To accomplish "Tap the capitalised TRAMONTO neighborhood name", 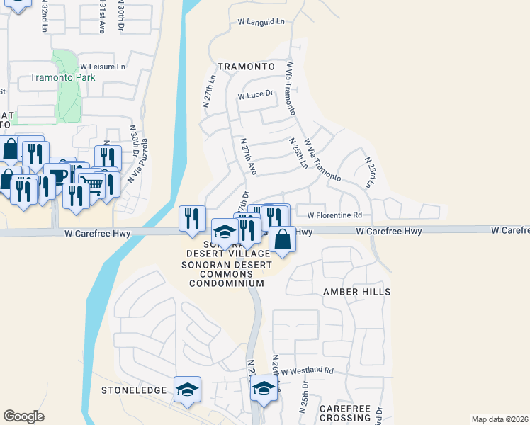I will click(x=246, y=66).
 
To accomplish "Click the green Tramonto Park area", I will click(x=68, y=99).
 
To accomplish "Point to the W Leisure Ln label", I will click(x=102, y=67).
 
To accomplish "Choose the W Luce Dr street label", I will click(x=256, y=95).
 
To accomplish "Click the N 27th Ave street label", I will click(x=247, y=157).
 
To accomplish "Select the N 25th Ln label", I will click(x=298, y=153).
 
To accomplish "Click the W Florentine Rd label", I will click(x=334, y=215).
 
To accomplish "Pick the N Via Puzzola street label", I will click(x=137, y=161).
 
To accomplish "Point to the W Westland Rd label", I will click(x=307, y=370).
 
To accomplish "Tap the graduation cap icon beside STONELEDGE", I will click(x=188, y=390).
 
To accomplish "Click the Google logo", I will click(x=24, y=416).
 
